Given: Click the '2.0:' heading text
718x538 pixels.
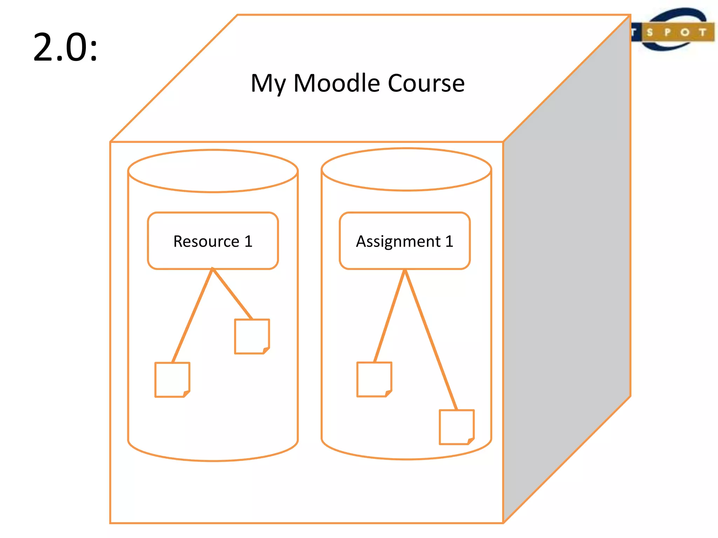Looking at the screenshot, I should [x=65, y=47].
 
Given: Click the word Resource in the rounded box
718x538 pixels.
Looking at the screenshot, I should [x=206, y=241].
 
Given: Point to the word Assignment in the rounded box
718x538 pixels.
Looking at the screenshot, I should [x=398, y=242].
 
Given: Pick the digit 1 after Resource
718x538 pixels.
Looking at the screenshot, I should [x=248, y=241].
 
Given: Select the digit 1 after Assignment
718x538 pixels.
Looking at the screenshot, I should [x=449, y=241].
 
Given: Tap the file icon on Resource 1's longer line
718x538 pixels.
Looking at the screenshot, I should [x=172, y=380].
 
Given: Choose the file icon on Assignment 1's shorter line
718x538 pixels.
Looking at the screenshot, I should [x=374, y=379].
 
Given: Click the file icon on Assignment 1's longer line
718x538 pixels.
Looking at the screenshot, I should [x=456, y=427].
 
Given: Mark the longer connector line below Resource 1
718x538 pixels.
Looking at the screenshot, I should [x=192, y=315].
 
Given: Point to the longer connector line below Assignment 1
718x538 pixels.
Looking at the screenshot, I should [x=431, y=340].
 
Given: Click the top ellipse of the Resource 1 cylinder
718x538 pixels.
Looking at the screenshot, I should [x=213, y=171].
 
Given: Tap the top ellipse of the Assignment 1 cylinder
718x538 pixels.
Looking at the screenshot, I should [x=406, y=170].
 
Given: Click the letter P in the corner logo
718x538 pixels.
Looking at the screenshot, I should [x=667, y=33].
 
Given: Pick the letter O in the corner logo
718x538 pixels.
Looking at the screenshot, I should [x=685, y=33].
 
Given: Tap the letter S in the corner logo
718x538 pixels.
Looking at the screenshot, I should [x=650, y=33].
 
